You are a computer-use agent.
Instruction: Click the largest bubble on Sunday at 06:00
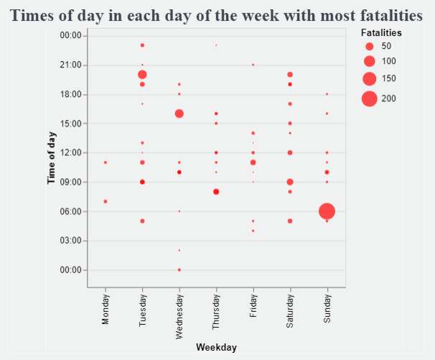(327, 211)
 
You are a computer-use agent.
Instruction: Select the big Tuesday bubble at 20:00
(142, 75)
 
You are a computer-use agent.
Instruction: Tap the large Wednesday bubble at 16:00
(179, 114)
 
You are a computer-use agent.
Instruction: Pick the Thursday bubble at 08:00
(216, 192)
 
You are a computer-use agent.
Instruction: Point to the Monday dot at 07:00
(106, 201)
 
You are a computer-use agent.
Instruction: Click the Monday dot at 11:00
(106, 162)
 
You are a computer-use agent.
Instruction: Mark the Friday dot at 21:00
(253, 65)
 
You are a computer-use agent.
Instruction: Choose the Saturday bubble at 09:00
(290, 182)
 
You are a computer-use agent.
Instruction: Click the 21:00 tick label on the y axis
(71, 65)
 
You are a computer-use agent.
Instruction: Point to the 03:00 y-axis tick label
(71, 241)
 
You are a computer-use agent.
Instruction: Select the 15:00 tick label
(71, 124)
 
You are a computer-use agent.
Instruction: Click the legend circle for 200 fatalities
(370, 98)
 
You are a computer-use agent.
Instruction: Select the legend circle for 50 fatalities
(370, 46)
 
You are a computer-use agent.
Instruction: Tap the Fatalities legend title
(381, 33)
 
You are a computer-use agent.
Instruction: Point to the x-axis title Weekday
(216, 347)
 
